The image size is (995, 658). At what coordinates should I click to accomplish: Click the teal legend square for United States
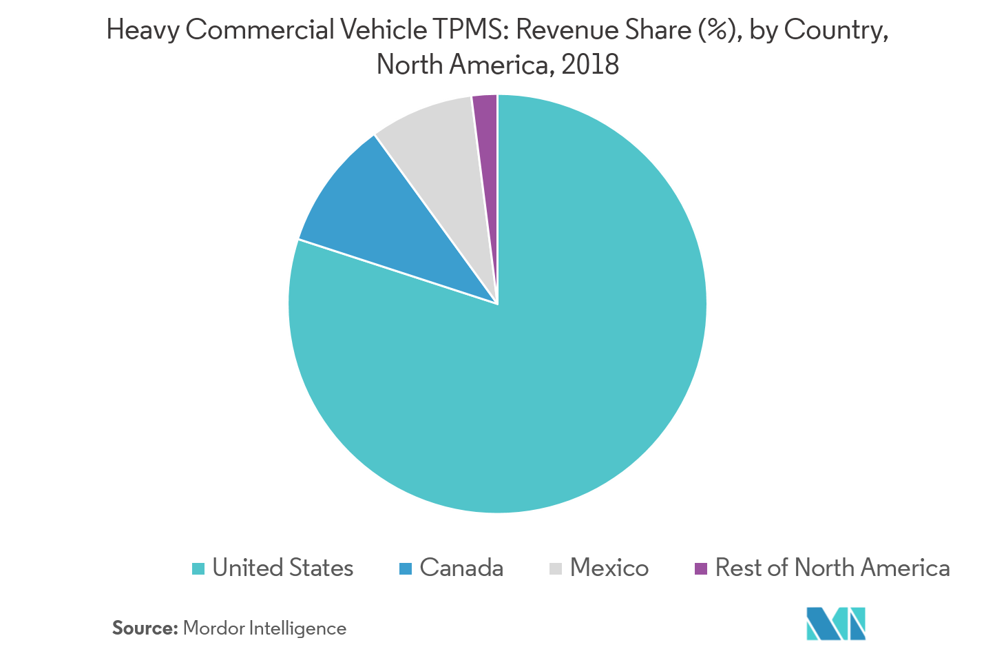[198, 569]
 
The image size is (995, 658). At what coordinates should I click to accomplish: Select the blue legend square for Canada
[406, 569]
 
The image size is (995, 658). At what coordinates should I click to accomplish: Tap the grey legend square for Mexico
[556, 569]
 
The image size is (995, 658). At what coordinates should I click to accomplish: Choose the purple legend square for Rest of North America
[701, 569]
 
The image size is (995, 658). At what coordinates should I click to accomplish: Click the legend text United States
[282, 568]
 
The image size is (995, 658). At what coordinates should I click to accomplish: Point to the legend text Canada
[461, 568]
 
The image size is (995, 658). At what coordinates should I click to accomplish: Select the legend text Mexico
[609, 568]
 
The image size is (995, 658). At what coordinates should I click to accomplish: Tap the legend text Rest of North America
[832, 568]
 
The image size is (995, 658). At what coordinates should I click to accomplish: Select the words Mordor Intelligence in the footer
[264, 628]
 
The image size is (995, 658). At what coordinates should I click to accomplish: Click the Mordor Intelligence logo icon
[835, 623]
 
